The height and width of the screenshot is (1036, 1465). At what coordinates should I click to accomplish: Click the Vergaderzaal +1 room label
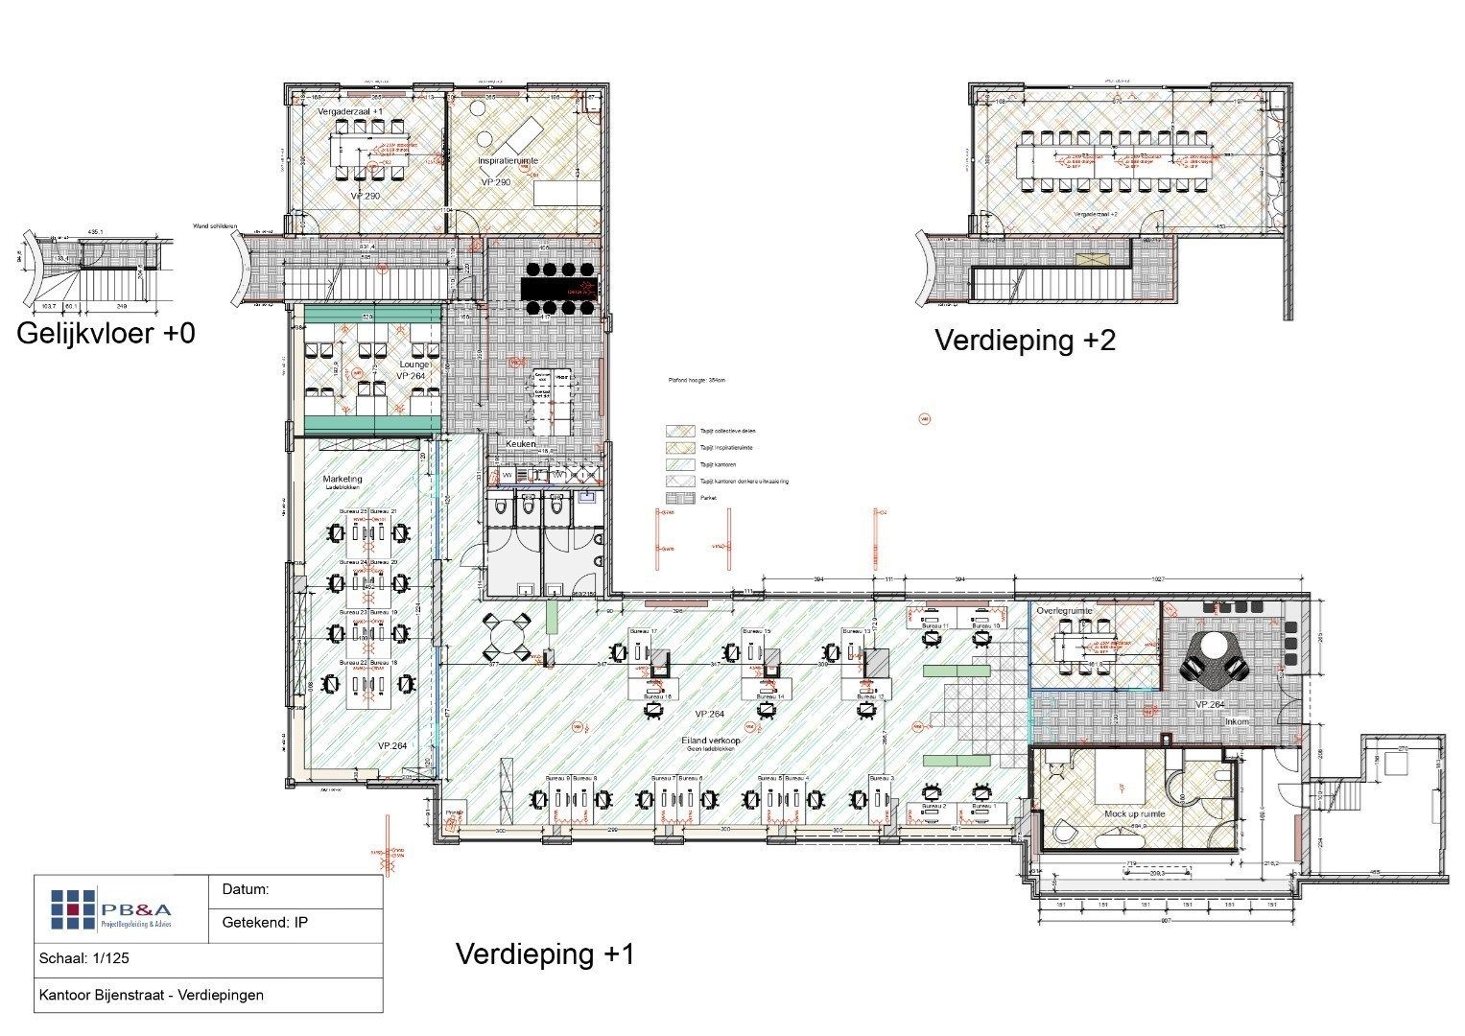(x=350, y=112)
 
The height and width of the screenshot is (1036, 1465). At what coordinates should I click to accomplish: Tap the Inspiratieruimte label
(x=508, y=161)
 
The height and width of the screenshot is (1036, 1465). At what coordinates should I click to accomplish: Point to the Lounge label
(x=414, y=365)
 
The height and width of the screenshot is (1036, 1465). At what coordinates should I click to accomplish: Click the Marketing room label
(x=343, y=478)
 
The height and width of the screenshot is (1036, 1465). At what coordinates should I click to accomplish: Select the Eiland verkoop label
(x=710, y=740)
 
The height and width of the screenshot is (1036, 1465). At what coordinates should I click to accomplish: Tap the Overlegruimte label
(x=1065, y=610)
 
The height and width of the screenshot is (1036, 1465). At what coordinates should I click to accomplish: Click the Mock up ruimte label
(x=1135, y=812)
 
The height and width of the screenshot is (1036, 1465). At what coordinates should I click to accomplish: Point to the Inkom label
(x=1238, y=721)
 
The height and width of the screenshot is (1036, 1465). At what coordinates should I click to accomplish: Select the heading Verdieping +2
(x=1025, y=341)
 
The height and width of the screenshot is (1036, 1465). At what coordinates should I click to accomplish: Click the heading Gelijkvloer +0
(x=106, y=334)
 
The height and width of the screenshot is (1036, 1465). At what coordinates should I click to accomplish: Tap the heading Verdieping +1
(x=544, y=954)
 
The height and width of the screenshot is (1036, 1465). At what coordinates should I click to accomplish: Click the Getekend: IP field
(x=265, y=923)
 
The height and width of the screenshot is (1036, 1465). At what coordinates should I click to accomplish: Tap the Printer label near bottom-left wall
(x=454, y=813)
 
